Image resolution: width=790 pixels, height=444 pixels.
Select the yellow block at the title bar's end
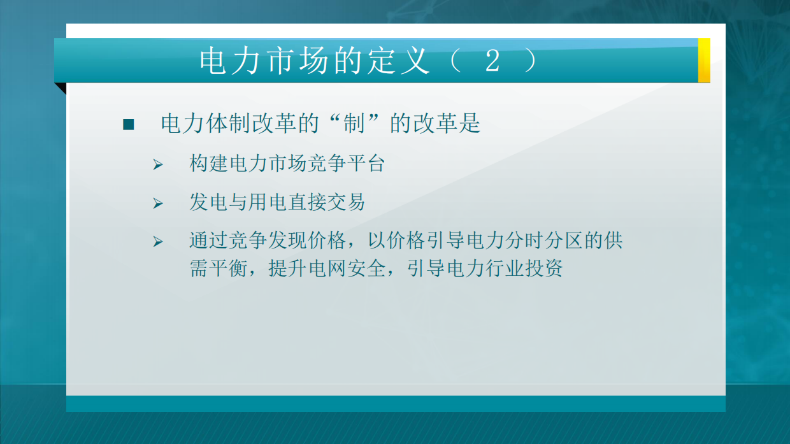point(704,61)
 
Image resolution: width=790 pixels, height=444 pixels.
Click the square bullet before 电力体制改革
point(129,125)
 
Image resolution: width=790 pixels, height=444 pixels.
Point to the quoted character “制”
point(354,124)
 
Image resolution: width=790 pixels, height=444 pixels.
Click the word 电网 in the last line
point(327,269)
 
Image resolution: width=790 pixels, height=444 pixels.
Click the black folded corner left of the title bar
point(61,88)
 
